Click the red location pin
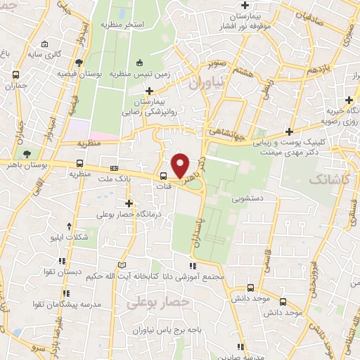tap(181, 165)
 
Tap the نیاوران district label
tap(205, 83)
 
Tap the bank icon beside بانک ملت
tap(114, 169)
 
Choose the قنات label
tap(162, 187)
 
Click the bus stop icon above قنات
tap(163, 176)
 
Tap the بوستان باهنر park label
tap(26, 163)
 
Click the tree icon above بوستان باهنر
tap(27, 153)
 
